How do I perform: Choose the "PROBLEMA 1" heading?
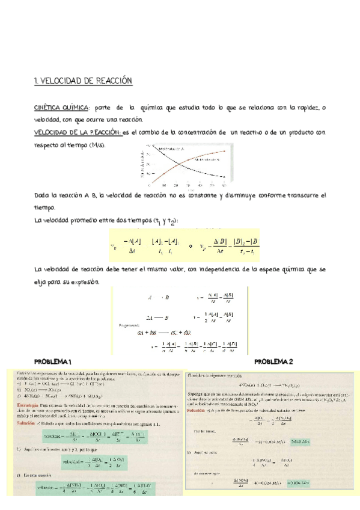[x=53, y=361]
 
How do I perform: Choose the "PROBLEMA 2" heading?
[x=273, y=361]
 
